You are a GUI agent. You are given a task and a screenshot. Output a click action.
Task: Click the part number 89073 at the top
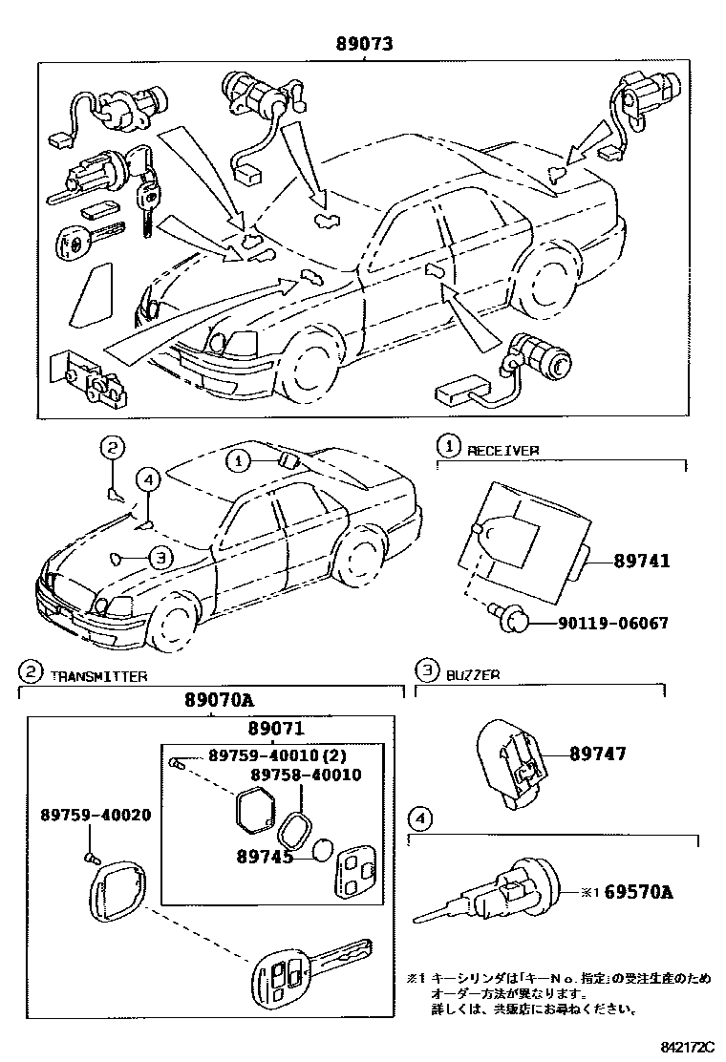coord(364,43)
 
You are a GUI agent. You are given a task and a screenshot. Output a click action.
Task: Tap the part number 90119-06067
coord(613,624)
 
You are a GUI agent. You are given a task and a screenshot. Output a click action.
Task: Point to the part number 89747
coord(598,754)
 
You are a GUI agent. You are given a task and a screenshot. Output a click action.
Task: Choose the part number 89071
coord(274,729)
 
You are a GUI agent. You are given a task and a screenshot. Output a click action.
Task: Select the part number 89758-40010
coord(306,775)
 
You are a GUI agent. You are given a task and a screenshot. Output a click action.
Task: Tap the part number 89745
coord(264,858)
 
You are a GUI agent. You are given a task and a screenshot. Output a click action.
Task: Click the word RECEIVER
coord(502,449)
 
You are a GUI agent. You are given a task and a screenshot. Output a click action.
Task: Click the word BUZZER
coord(473,674)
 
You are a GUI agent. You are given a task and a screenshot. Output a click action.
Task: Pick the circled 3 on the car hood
coord(161,559)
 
